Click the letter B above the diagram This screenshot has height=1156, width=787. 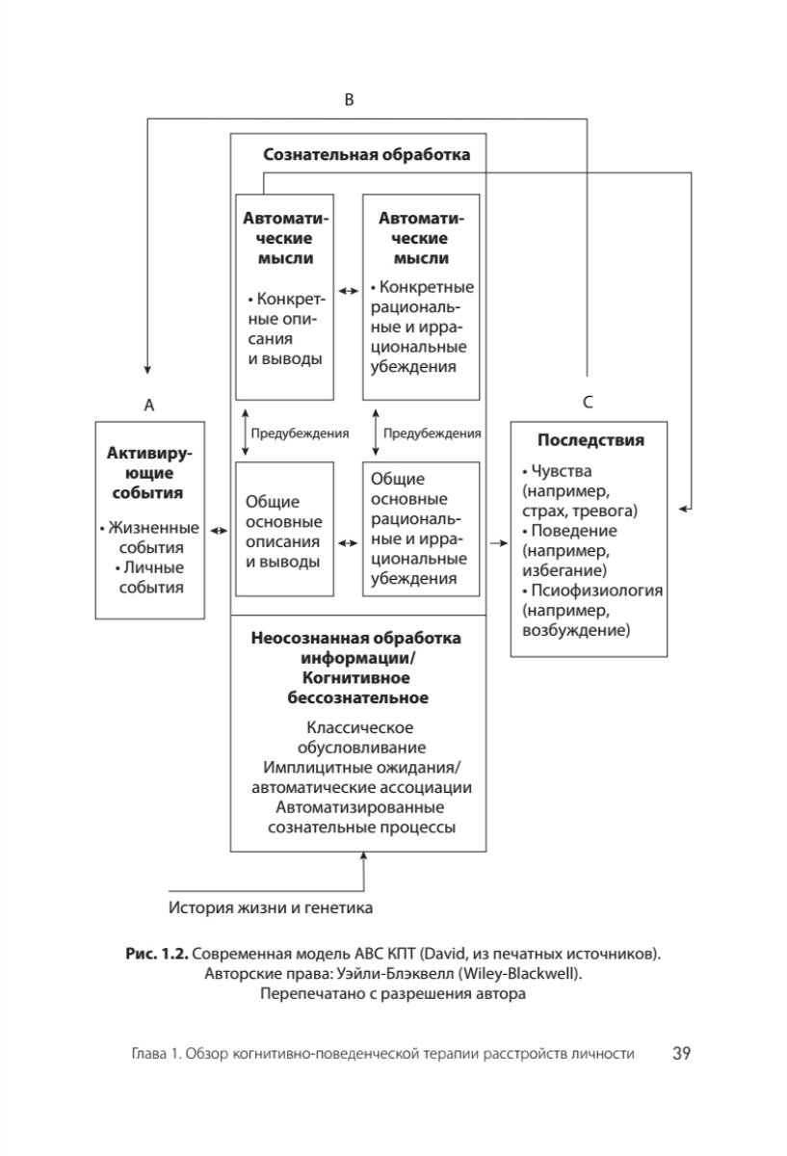351,99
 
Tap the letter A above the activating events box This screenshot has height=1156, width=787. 149,406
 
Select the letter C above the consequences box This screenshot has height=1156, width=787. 588,405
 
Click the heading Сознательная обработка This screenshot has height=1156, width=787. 367,154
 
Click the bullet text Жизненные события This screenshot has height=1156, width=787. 152,538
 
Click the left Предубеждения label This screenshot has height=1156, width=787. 300,433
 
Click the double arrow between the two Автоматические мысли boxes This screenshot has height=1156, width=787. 348,288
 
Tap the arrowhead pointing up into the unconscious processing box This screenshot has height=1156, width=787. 364,857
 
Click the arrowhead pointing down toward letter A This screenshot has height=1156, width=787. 147,370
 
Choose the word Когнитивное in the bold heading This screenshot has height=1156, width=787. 355,677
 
